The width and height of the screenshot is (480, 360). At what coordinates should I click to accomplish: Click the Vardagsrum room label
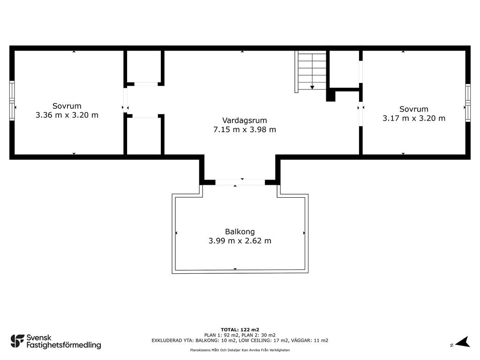(244, 120)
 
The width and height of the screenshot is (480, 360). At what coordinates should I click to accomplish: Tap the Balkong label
(240, 232)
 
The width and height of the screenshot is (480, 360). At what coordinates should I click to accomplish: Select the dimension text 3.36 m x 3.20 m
(67, 115)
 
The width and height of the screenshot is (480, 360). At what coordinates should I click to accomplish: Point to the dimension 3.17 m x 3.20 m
(413, 118)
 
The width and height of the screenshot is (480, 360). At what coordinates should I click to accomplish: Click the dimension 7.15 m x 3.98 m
(244, 129)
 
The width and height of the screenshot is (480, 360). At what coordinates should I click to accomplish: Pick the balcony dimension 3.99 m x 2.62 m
(240, 241)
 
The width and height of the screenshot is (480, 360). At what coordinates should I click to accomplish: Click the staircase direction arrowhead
(312, 88)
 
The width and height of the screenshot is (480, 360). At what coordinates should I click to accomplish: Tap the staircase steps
(312, 71)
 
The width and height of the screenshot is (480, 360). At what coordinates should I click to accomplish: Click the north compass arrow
(463, 342)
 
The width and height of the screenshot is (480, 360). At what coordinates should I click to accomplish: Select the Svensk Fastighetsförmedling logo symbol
(17, 341)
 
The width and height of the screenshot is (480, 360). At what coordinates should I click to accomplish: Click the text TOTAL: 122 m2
(240, 330)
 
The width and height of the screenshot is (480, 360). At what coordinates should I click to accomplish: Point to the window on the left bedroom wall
(12, 101)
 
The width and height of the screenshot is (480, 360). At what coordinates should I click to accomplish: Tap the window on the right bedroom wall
(468, 103)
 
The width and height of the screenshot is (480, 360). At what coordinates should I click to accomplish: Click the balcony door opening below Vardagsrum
(240, 182)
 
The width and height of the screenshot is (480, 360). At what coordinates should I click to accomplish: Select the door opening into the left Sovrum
(125, 100)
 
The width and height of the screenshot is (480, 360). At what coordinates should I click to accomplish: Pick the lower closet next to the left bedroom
(144, 136)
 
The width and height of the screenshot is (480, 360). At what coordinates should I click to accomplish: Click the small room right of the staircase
(344, 69)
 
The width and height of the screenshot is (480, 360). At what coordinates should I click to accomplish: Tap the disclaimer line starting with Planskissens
(240, 350)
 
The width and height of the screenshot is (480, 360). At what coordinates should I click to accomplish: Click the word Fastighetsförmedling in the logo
(64, 345)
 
